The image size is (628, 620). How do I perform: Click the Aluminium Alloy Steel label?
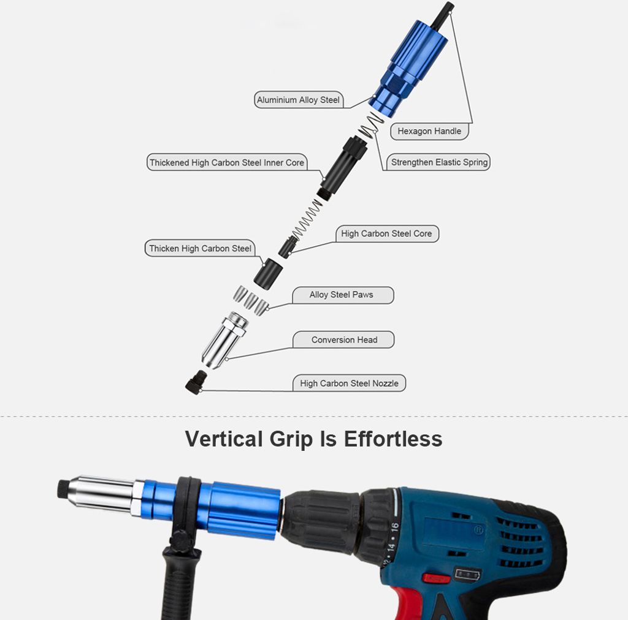(x=299, y=100)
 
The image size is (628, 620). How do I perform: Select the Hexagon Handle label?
(x=429, y=131)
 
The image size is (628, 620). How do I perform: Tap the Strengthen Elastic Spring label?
(x=439, y=162)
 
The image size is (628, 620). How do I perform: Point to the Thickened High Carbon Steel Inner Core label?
(x=227, y=162)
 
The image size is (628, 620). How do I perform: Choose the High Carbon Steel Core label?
(x=386, y=233)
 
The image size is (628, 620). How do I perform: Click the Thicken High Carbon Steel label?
(x=200, y=248)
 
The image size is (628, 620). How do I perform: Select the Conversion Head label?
(x=344, y=339)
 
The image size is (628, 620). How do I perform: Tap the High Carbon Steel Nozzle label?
(x=349, y=383)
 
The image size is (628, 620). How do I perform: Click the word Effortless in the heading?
(x=393, y=439)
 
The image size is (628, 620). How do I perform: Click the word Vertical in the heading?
(x=224, y=439)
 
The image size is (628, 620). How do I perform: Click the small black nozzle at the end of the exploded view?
(x=196, y=382)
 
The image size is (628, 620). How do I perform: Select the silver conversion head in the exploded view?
(x=224, y=340)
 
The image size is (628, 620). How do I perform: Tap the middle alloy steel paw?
(x=250, y=300)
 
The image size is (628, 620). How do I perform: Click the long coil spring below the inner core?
(x=307, y=221)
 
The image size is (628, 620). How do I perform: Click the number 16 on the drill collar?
(x=395, y=527)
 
